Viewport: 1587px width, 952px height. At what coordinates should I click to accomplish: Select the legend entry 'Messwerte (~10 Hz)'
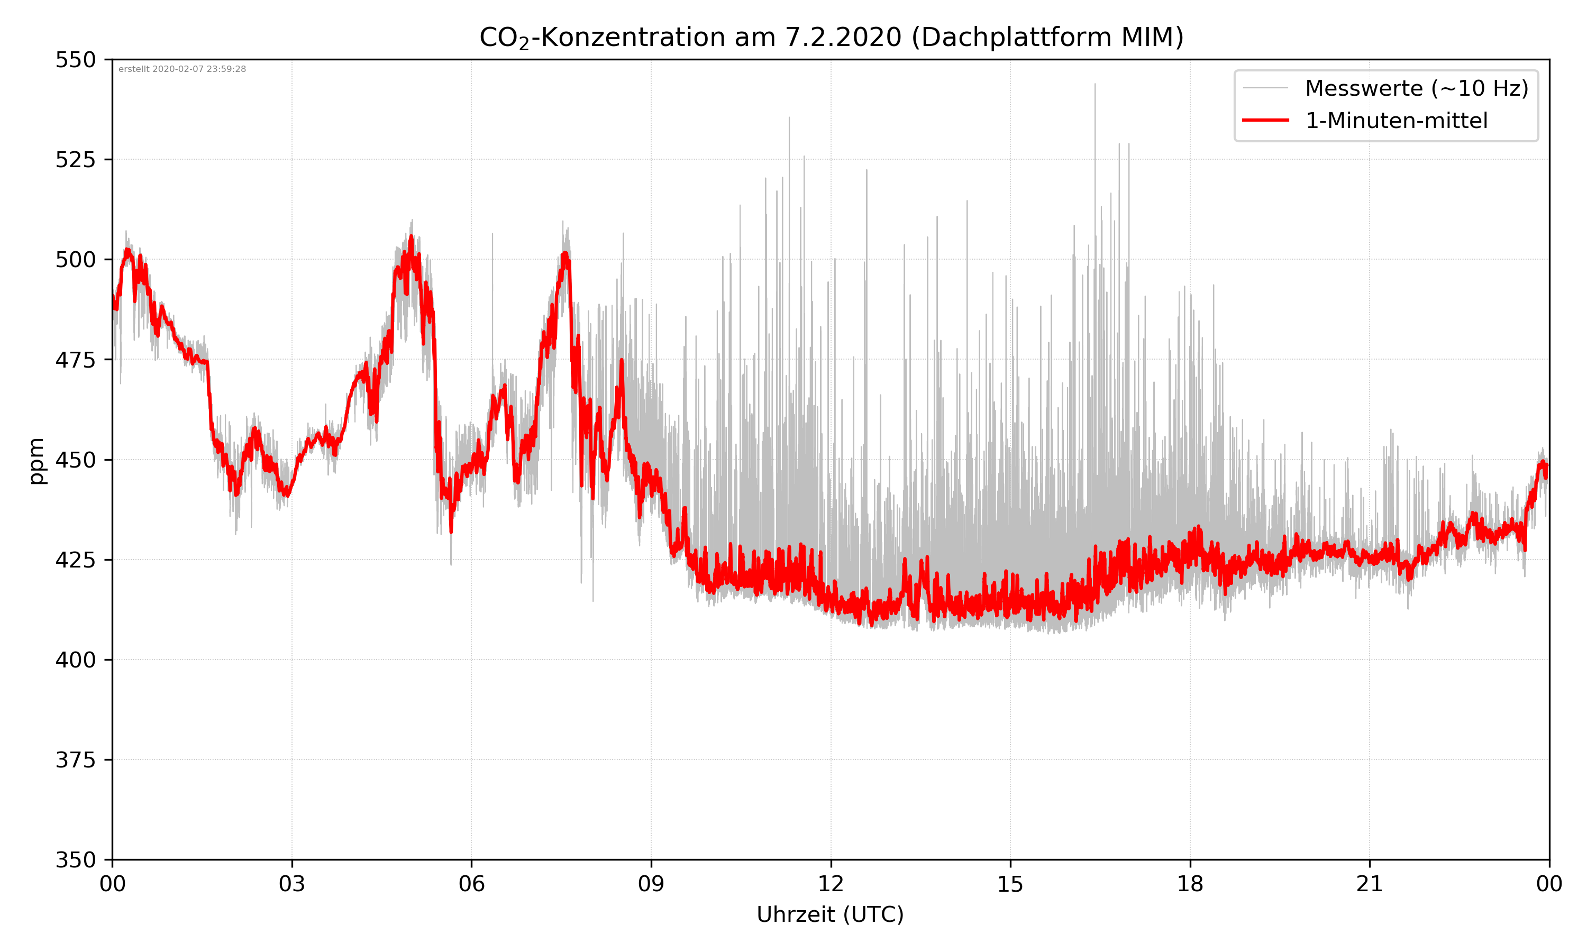click(1416, 88)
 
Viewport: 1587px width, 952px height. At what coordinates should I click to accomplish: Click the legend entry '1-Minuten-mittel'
click(1396, 121)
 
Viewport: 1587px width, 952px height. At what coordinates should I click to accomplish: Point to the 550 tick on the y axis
click(75, 60)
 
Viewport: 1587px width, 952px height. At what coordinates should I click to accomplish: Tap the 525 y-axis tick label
click(75, 160)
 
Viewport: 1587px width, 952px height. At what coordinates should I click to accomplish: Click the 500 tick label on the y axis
click(75, 260)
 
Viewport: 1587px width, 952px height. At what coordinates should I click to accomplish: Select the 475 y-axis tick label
click(75, 360)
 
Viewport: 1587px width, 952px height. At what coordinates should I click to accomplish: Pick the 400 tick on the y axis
click(75, 660)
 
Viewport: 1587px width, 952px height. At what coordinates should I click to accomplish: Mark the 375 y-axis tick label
click(75, 760)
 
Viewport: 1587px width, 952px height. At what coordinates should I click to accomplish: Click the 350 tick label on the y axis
click(75, 861)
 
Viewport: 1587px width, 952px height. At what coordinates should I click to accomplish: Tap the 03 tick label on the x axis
click(292, 884)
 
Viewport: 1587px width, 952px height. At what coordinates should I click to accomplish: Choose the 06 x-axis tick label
click(471, 884)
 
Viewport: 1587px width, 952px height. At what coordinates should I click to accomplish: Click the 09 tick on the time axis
click(651, 884)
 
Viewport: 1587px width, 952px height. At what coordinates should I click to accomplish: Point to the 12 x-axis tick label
click(831, 884)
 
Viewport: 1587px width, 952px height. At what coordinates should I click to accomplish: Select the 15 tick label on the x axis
click(1010, 884)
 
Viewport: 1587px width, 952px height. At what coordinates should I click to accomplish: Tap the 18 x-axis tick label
click(1190, 884)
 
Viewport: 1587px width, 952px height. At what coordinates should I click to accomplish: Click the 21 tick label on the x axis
click(1370, 884)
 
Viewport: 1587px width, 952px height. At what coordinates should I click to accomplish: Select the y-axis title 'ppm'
click(37, 461)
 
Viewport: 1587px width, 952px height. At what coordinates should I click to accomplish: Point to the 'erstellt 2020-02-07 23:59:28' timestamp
click(182, 69)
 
